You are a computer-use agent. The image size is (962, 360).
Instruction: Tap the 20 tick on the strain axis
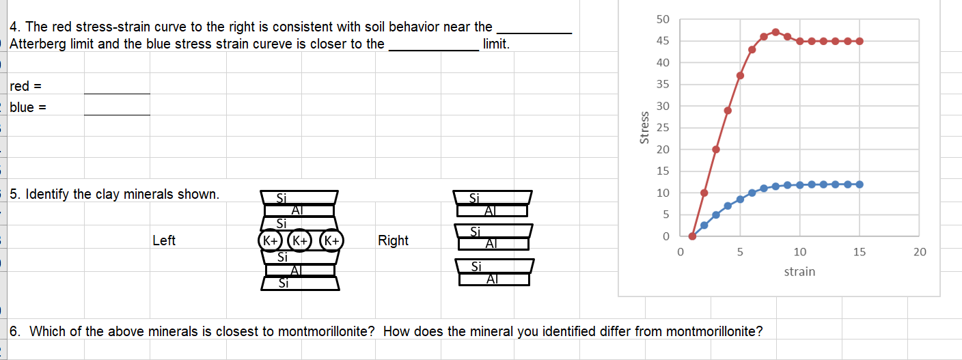point(920,252)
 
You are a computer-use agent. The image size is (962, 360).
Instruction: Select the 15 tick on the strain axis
point(860,252)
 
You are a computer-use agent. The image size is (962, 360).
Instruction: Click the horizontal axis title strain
point(799,272)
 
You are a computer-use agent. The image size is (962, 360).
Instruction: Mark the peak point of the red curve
point(775,32)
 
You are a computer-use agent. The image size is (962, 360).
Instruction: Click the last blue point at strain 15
point(860,184)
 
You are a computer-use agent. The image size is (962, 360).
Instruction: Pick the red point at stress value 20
point(716,149)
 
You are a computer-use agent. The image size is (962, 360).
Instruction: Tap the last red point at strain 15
point(860,41)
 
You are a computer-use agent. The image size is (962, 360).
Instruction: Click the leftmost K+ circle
point(271,240)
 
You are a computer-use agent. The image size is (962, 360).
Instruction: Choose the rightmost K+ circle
point(331,240)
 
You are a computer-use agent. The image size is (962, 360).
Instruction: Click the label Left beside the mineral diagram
point(164,240)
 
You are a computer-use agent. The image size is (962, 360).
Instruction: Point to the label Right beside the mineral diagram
point(393,240)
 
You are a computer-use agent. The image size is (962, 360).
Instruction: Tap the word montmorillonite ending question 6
point(711,332)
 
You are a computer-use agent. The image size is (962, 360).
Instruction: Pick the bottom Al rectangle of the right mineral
point(494,279)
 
